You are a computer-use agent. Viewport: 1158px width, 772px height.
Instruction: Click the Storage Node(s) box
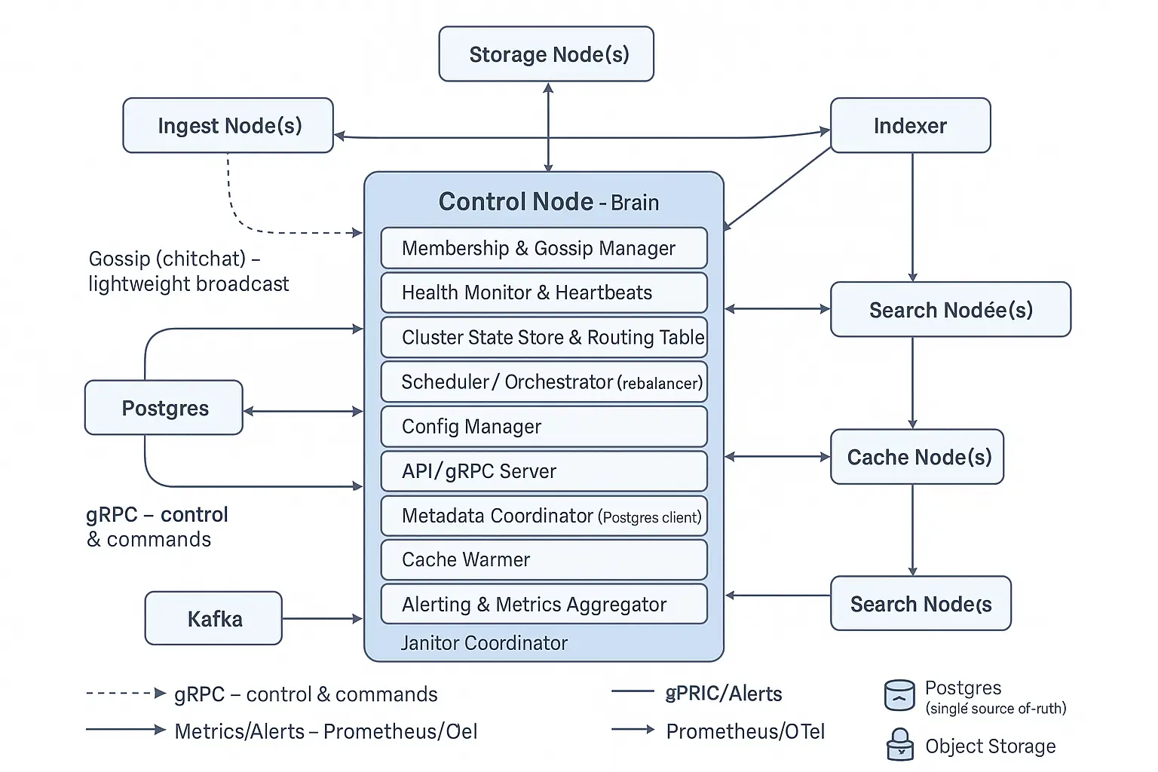pyautogui.click(x=546, y=54)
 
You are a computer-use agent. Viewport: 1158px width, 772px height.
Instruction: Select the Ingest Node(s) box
pyautogui.click(x=228, y=126)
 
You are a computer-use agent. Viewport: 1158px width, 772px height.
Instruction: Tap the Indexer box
pyautogui.click(x=910, y=126)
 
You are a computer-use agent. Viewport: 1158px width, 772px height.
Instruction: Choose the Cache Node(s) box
pyautogui.click(x=917, y=457)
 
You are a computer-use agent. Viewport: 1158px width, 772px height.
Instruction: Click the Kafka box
pyautogui.click(x=213, y=619)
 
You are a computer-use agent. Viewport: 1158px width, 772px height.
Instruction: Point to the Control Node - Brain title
pyautogui.click(x=548, y=202)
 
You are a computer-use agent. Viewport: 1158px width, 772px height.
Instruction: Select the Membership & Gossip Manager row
pyautogui.click(x=544, y=248)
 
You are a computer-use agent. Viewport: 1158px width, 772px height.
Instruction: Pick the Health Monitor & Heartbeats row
pyautogui.click(x=544, y=293)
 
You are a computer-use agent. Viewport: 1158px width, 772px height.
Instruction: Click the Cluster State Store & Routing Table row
pyautogui.click(x=544, y=337)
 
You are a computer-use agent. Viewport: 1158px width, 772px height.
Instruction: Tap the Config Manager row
pyautogui.click(x=544, y=427)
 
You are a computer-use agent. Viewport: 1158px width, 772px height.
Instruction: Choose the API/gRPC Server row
pyautogui.click(x=544, y=471)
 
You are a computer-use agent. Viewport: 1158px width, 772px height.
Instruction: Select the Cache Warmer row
pyautogui.click(x=544, y=559)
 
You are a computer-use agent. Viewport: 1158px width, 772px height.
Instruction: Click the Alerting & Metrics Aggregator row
pyautogui.click(x=544, y=604)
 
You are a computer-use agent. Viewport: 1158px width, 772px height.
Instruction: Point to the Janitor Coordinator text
pyautogui.click(x=484, y=643)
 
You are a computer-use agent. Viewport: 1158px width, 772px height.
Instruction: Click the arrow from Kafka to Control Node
pyautogui.click(x=322, y=619)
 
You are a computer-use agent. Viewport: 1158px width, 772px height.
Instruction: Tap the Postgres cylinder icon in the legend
pyautogui.click(x=899, y=695)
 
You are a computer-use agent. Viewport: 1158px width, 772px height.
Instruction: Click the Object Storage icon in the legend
pyautogui.click(x=899, y=745)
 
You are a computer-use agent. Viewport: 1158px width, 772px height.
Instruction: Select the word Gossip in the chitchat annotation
pyautogui.click(x=119, y=259)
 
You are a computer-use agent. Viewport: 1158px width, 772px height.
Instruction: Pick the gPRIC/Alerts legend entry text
pyautogui.click(x=724, y=694)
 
